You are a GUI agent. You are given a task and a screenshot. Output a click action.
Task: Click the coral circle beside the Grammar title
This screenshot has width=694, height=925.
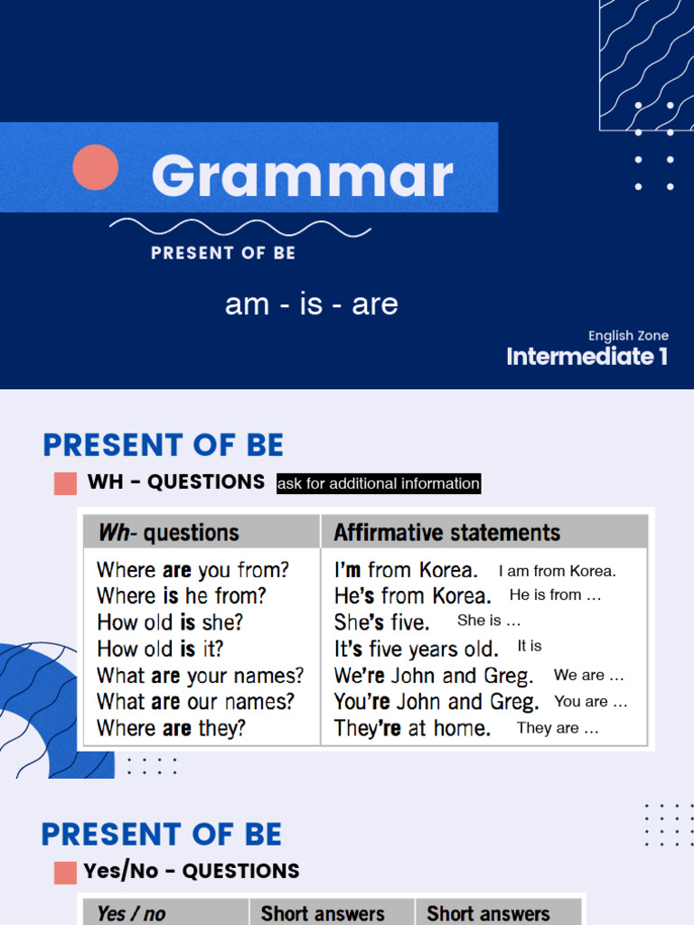(96, 167)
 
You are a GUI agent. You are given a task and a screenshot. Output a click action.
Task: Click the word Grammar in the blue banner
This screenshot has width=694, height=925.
(302, 175)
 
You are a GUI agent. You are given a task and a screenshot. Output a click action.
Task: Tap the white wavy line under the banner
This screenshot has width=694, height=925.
(239, 228)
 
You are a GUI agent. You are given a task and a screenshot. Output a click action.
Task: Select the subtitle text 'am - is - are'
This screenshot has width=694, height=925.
(311, 304)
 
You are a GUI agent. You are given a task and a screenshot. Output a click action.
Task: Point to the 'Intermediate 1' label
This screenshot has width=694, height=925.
(587, 356)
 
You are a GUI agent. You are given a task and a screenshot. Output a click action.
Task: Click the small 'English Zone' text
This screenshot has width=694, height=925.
(628, 335)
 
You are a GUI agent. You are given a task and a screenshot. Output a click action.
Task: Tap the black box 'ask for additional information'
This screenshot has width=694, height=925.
(379, 483)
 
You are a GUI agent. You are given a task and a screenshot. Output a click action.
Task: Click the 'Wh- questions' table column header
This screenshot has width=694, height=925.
(168, 532)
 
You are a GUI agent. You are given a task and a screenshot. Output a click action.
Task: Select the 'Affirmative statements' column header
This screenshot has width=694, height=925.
(446, 532)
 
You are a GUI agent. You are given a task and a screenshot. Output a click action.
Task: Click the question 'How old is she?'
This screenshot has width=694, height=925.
(170, 622)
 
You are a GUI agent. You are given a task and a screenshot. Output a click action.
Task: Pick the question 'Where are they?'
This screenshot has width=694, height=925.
(171, 728)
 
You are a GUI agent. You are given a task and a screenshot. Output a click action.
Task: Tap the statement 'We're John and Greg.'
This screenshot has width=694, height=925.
(434, 676)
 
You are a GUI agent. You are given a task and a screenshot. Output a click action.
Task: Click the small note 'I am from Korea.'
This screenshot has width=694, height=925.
(557, 571)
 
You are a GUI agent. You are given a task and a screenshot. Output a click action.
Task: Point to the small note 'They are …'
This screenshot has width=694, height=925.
(558, 728)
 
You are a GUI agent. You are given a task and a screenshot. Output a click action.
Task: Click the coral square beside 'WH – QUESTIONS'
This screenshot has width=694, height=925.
(65, 483)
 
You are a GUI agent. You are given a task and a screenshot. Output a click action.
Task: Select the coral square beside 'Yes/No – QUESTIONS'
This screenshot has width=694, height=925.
(65, 873)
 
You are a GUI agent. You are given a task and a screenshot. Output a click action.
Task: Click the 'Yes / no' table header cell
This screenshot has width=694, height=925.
(131, 913)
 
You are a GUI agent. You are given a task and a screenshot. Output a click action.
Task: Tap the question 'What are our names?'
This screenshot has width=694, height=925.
(195, 702)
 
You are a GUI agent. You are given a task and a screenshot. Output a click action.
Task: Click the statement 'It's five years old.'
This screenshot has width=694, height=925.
(416, 649)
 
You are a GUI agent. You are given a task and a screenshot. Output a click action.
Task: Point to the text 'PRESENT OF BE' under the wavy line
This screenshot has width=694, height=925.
(223, 253)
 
